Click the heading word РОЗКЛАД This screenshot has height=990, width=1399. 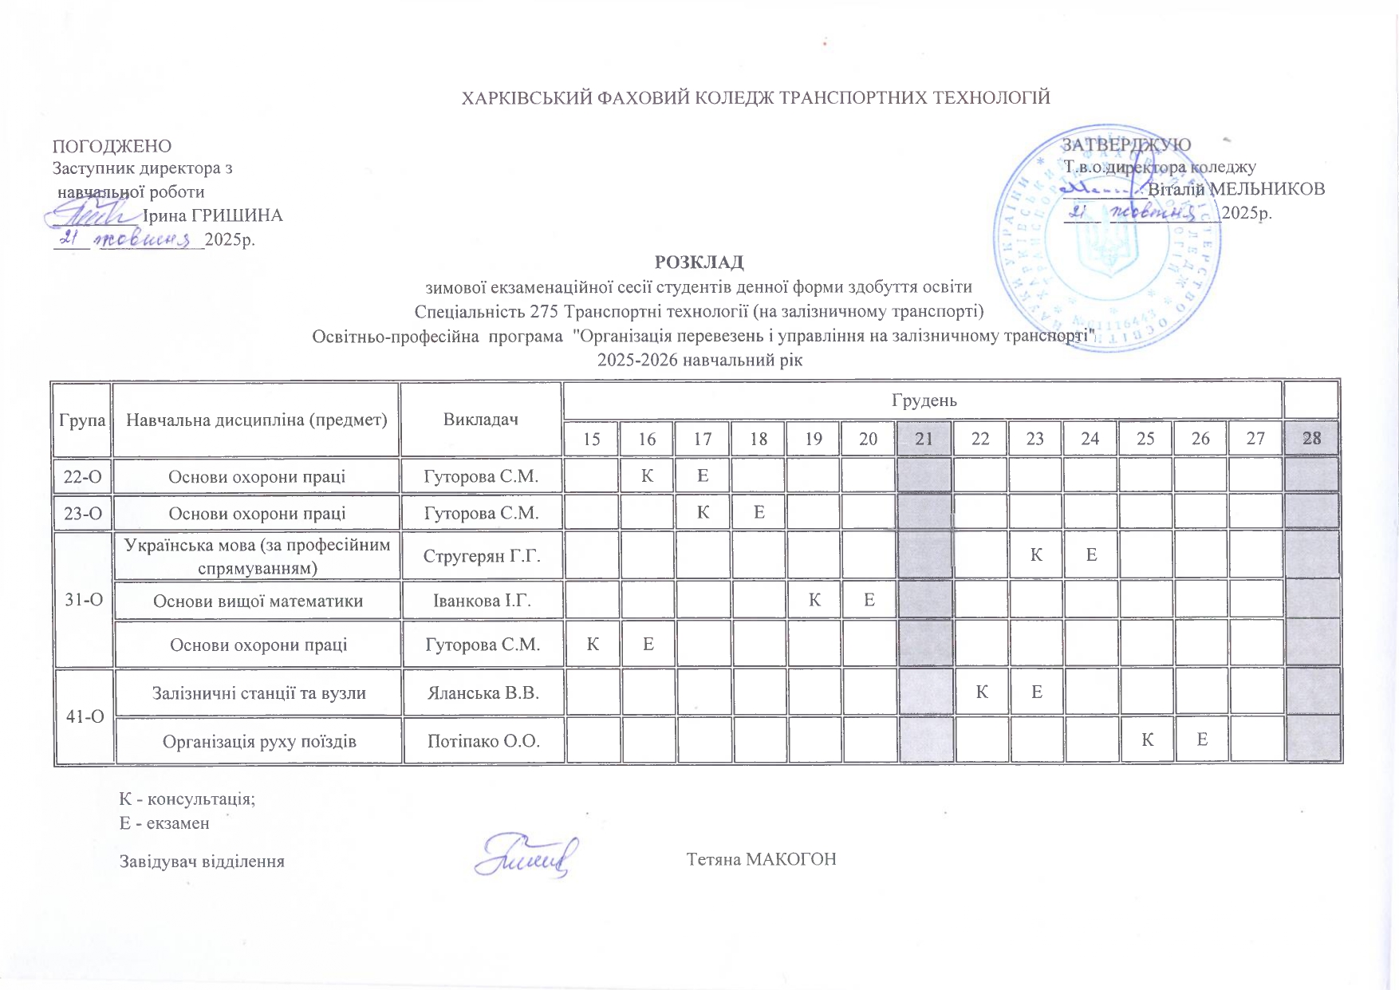699,262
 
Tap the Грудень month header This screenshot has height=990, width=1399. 924,400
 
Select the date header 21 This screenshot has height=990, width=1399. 924,438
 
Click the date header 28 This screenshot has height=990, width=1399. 1311,438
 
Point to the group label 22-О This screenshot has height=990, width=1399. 83,476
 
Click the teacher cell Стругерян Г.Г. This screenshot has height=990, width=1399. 482,555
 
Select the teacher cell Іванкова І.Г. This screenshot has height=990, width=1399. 482,601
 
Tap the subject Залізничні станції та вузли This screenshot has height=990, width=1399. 258,692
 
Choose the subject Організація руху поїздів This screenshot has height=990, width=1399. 259,741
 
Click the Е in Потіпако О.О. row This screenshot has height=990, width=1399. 1201,740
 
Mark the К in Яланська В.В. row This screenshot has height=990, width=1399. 981,692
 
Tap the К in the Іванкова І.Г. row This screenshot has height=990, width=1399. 814,600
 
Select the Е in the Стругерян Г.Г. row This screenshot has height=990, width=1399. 1091,554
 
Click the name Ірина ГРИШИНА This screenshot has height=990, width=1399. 212,215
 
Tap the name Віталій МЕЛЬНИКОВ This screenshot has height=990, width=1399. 1236,189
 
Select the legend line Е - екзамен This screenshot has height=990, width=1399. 164,823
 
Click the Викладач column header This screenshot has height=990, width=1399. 481,420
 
